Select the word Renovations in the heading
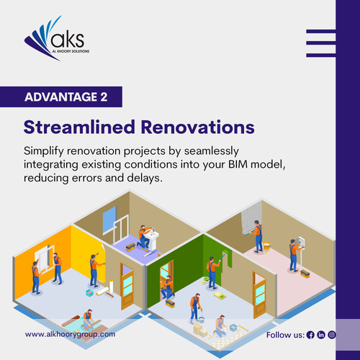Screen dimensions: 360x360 [194, 127]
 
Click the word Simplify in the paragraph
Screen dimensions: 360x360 [45, 153]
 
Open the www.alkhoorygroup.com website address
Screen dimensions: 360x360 [70, 335]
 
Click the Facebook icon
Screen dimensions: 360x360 [310, 336]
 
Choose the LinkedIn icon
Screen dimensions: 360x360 [321, 336]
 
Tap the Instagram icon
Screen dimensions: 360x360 [332, 336]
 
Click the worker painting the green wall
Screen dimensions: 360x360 [212, 269]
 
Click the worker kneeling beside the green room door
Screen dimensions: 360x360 [167, 287]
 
